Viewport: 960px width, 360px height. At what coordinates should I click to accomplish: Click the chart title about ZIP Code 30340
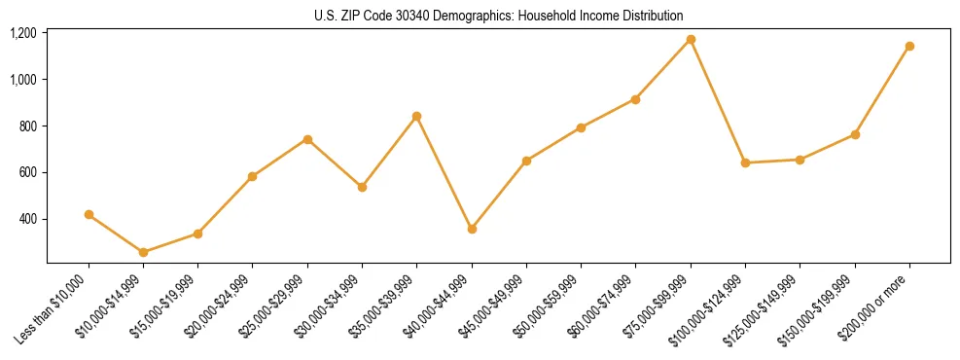point(499,16)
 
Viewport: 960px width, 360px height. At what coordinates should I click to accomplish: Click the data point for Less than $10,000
point(89,214)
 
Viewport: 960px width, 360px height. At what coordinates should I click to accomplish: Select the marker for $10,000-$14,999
point(143,252)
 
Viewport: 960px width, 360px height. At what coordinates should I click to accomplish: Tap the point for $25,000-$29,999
point(307,139)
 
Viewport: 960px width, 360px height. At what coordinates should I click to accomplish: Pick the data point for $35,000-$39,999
point(416,116)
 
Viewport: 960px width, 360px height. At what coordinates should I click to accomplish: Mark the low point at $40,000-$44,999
point(472,229)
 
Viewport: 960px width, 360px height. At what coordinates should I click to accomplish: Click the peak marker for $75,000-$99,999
point(691,39)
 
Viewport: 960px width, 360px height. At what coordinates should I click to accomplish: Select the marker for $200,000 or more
point(909,46)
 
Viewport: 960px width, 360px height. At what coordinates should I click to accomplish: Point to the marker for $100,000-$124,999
point(745,162)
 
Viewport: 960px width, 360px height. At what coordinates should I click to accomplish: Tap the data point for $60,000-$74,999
point(635,99)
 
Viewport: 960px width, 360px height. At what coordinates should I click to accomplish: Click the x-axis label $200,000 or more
point(879,304)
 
